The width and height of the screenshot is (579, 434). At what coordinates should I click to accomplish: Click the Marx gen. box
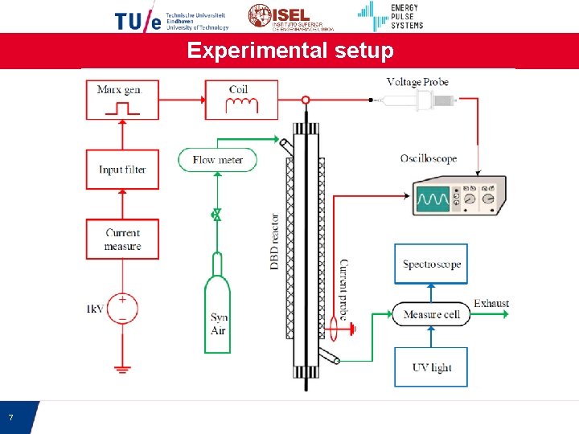click(x=122, y=100)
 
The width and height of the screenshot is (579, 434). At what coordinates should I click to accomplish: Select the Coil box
click(x=241, y=100)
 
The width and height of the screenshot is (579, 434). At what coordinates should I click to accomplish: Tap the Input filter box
click(x=122, y=170)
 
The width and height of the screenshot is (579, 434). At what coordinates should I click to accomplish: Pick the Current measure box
click(x=122, y=240)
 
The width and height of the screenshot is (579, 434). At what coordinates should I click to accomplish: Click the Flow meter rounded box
click(x=217, y=160)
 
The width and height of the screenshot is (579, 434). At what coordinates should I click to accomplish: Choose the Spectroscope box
click(x=431, y=264)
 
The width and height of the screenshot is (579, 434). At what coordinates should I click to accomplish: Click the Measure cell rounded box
click(x=431, y=313)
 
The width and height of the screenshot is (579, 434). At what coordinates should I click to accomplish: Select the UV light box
click(x=431, y=367)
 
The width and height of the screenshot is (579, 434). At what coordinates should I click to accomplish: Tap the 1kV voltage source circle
click(x=122, y=308)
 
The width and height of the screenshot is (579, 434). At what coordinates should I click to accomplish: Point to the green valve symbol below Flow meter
click(x=216, y=214)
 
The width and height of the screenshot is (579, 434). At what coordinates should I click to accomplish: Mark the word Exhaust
click(x=491, y=304)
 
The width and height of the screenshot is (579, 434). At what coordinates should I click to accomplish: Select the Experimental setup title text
click(x=290, y=51)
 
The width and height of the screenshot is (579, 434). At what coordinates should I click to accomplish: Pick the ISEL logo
click(x=280, y=17)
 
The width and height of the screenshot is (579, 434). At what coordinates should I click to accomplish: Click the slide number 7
click(x=10, y=418)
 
